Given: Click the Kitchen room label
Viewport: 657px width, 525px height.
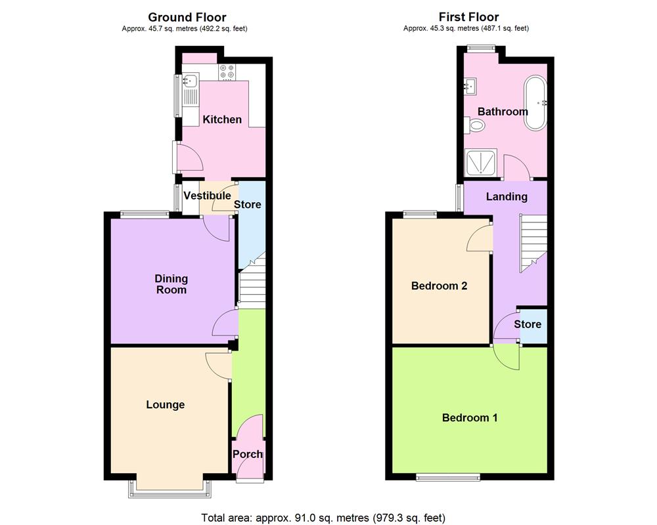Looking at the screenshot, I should (x=222, y=119).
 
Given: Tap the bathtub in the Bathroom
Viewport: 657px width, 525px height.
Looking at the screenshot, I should (x=533, y=103).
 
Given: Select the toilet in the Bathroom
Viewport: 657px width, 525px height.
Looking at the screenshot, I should (x=475, y=125).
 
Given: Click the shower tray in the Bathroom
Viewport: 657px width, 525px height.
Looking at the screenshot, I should (x=480, y=162).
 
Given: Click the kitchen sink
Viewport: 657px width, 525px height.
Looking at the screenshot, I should (x=190, y=82).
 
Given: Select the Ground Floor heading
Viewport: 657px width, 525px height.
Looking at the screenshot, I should (x=187, y=17).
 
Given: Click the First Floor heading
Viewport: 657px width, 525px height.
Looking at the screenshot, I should (x=468, y=17).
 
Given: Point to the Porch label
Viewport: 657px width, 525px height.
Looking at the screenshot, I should (x=248, y=454).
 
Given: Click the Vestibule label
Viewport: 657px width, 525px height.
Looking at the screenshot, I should (x=207, y=196).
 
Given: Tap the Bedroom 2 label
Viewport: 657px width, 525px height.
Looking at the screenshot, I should (x=439, y=286).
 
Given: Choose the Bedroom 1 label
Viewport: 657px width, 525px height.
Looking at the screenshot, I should (x=470, y=417).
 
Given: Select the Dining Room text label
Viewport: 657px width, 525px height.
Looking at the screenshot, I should (x=171, y=284).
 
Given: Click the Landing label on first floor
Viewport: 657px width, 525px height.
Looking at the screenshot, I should (x=507, y=196).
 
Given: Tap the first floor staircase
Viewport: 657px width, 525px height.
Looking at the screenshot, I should (x=533, y=243).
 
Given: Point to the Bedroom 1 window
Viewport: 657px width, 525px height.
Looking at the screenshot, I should (x=447, y=476).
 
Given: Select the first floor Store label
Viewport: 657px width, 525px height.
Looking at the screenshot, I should (x=528, y=324).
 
